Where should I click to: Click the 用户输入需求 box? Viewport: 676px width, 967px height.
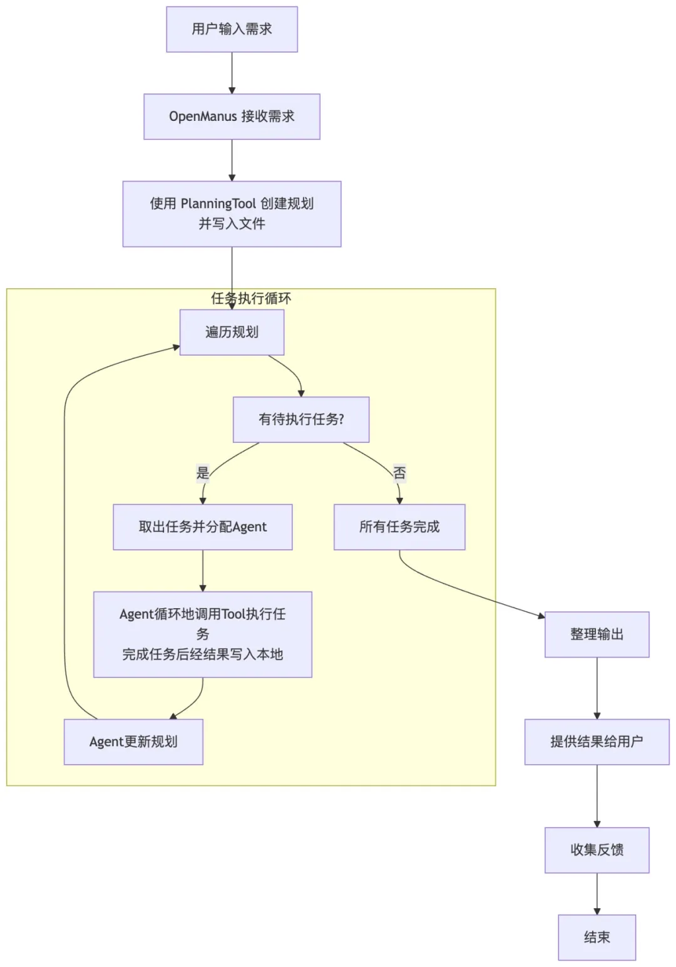(232, 29)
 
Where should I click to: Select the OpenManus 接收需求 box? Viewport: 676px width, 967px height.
(232, 116)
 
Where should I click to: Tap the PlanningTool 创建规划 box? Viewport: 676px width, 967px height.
(232, 214)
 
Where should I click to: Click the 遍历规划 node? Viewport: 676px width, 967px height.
(232, 332)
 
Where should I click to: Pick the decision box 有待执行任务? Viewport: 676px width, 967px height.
(301, 420)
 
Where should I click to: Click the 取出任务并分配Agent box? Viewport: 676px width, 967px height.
(202, 527)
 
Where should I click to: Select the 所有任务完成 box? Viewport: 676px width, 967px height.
(399, 527)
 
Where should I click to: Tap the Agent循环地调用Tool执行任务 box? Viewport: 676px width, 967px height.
(202, 634)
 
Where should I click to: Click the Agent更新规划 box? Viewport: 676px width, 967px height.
(133, 742)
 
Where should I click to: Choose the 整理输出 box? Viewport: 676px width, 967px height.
(597, 634)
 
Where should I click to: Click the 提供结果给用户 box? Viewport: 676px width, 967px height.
(597, 742)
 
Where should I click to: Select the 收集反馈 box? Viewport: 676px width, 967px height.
(597, 850)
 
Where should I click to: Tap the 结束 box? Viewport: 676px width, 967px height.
(597, 938)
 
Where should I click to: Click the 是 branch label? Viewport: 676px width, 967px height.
(203, 473)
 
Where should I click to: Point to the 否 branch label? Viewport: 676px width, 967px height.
(399, 473)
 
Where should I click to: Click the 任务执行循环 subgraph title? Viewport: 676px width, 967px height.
(251, 298)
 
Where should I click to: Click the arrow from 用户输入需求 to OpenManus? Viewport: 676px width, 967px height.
(232, 73)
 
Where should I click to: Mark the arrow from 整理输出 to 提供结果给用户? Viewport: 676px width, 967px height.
(597, 688)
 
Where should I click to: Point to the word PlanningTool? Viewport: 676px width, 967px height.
(218, 204)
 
